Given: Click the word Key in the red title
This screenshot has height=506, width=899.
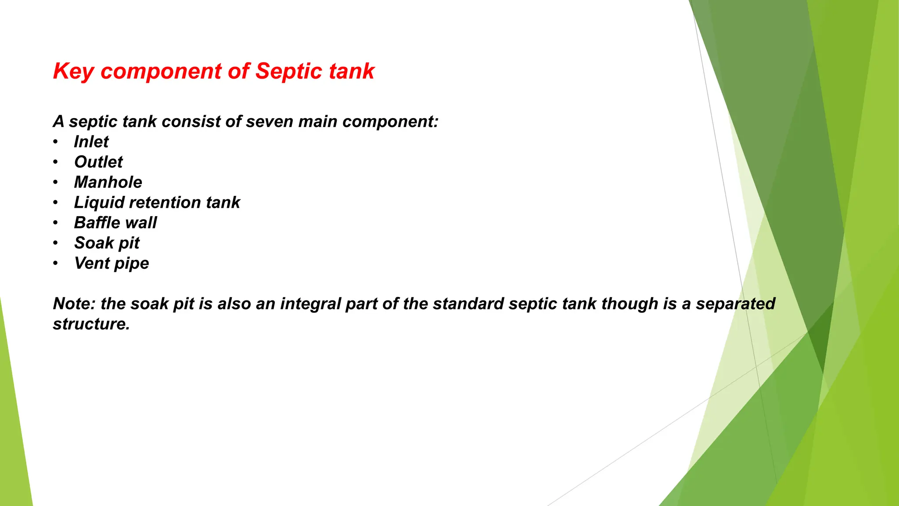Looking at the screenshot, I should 73,72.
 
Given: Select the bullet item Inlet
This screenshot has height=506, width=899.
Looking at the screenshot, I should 91,142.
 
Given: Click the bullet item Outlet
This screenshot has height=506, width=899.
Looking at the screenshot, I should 98,162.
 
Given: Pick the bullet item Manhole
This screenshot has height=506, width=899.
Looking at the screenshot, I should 108,182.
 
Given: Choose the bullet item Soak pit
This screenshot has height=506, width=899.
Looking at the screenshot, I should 107,243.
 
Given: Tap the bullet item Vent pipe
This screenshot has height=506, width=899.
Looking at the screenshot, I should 111,263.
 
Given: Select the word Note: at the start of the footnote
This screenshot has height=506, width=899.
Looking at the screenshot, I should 74,304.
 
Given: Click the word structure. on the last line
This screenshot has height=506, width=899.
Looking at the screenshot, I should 91,324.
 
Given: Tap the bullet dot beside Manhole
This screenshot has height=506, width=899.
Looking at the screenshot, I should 55,182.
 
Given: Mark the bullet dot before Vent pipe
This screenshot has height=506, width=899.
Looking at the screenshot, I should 55,263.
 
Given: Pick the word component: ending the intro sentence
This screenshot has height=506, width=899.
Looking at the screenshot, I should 390,122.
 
